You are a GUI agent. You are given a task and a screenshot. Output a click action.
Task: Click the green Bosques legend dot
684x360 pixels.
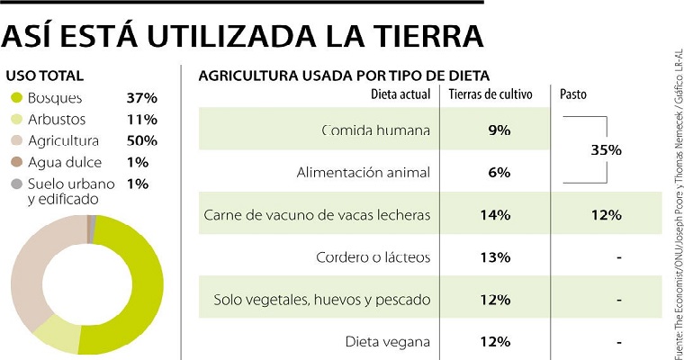(x=15, y=97)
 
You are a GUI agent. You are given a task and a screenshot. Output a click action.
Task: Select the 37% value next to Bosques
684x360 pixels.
(x=142, y=97)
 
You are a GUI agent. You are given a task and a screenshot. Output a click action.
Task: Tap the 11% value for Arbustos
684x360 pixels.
(x=142, y=119)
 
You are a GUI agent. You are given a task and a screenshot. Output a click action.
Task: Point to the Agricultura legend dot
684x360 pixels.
(x=15, y=140)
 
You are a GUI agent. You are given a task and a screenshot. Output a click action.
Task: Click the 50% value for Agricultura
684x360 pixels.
(x=142, y=140)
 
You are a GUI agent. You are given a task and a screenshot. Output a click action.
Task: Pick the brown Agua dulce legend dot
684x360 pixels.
(x=15, y=162)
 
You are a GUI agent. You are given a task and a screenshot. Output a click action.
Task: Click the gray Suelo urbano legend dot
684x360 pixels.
(x=15, y=184)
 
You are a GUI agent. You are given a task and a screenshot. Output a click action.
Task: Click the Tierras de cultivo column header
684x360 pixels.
(x=490, y=94)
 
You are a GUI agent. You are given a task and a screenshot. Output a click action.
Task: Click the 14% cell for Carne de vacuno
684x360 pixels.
(x=497, y=215)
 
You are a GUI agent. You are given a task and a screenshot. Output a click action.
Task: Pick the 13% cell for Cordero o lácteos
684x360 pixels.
(x=497, y=257)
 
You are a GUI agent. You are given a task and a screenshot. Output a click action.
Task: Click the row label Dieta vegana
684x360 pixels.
(x=387, y=342)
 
